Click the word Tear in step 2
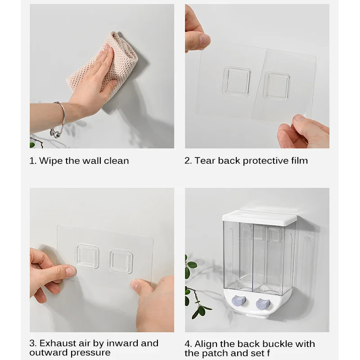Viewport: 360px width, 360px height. (x=205, y=161)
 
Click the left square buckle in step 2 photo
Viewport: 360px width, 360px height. (x=236, y=81)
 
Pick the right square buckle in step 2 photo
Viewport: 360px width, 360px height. (x=277, y=86)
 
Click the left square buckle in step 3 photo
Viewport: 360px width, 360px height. (x=87, y=256)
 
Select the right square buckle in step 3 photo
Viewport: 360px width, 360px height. (x=121, y=261)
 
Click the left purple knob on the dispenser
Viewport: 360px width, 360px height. (x=239, y=301)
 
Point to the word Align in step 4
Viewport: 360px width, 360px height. (x=206, y=344)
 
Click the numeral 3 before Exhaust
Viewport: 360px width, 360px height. (x=32, y=343)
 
